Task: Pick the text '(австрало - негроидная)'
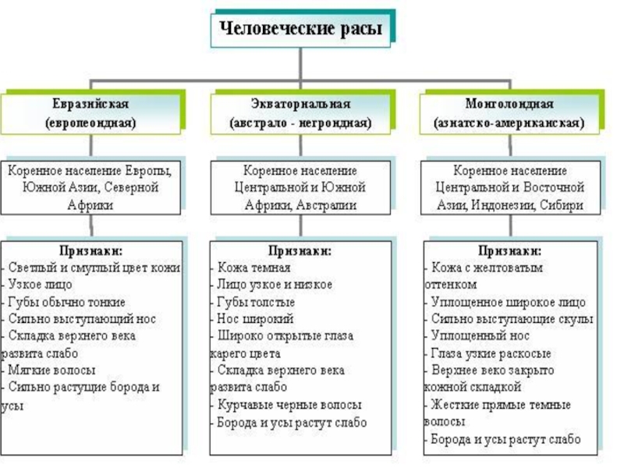click(x=300, y=123)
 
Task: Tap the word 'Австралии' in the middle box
click(x=326, y=205)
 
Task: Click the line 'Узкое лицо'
click(x=40, y=285)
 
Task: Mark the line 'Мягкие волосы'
click(x=51, y=370)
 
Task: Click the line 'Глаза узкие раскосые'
click(x=487, y=353)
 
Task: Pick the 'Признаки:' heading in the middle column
click(x=300, y=251)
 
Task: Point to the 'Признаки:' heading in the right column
click(x=511, y=251)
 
